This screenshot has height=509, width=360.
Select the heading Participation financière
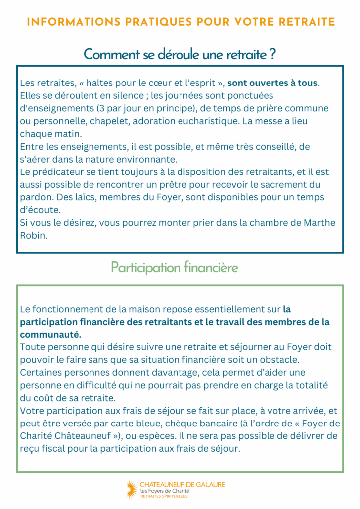(175, 268)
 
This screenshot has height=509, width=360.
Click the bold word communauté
(51, 335)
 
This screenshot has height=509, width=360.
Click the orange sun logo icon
(131, 489)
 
